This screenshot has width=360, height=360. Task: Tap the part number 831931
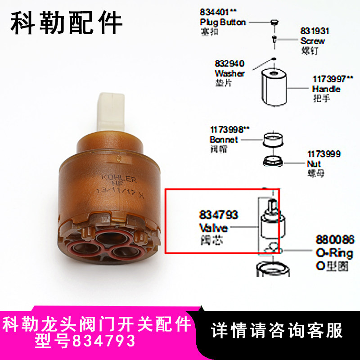click(x=315, y=31)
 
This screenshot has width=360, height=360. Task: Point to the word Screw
click(x=313, y=41)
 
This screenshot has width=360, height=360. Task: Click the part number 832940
click(x=229, y=64)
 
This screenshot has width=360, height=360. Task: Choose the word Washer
click(x=229, y=73)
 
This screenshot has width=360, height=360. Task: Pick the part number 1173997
click(x=327, y=79)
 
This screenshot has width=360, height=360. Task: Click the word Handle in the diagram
click(x=326, y=89)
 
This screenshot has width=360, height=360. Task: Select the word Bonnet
click(x=224, y=139)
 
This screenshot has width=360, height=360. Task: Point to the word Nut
click(x=314, y=164)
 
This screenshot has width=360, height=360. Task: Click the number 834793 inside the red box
click(x=218, y=216)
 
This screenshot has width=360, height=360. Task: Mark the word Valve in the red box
click(x=213, y=228)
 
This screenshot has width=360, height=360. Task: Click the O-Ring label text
click(x=335, y=253)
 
